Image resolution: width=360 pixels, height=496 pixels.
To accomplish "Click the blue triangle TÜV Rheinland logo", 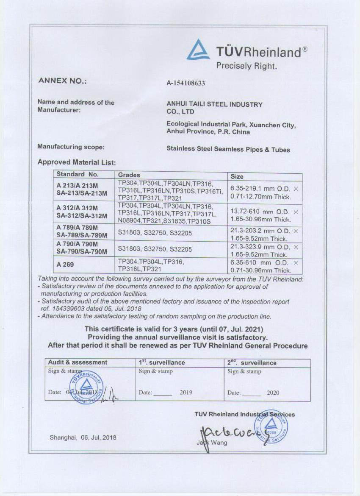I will (198, 50).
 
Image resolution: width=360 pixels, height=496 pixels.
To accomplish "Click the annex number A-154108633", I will (186, 83).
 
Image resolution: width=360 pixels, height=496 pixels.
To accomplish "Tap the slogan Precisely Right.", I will (246, 66).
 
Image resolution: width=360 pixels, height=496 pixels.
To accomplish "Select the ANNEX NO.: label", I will (62, 81).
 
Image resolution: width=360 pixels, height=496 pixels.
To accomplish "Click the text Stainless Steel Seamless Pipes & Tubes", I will (228, 149).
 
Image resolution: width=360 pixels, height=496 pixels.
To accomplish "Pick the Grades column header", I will (129, 175).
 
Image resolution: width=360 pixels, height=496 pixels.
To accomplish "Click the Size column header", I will (237, 176).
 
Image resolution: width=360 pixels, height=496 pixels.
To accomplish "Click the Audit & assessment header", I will (78, 362).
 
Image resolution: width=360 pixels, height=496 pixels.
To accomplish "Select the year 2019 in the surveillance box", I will (186, 393).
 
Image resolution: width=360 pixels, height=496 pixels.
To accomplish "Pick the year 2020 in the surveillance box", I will (273, 393).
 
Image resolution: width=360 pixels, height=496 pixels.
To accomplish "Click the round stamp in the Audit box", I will (86, 387).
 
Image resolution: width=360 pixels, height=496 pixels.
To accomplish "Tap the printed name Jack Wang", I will (212, 443).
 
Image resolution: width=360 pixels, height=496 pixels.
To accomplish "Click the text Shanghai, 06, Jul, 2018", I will (83, 437).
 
